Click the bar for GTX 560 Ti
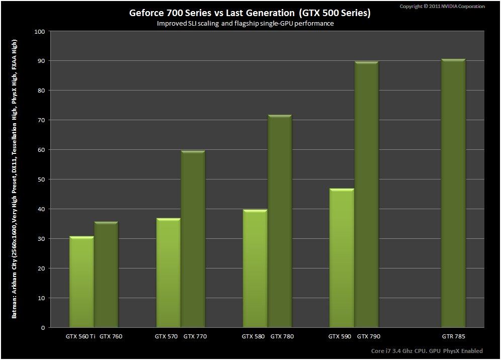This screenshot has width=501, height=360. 81,282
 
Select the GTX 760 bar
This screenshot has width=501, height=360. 106,275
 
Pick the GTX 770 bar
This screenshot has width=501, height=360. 193,239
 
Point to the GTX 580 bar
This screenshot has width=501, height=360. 255,268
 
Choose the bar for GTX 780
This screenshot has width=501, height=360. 279,221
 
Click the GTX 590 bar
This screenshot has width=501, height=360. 342,258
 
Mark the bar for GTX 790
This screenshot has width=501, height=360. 366,194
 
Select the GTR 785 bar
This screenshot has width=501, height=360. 453,193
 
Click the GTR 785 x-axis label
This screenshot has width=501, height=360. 453,336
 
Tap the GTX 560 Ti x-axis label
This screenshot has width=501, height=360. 80,336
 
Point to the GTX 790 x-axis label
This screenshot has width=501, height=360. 369,336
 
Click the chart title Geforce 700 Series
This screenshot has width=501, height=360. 250,13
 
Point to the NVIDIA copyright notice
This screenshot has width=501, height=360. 442,7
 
